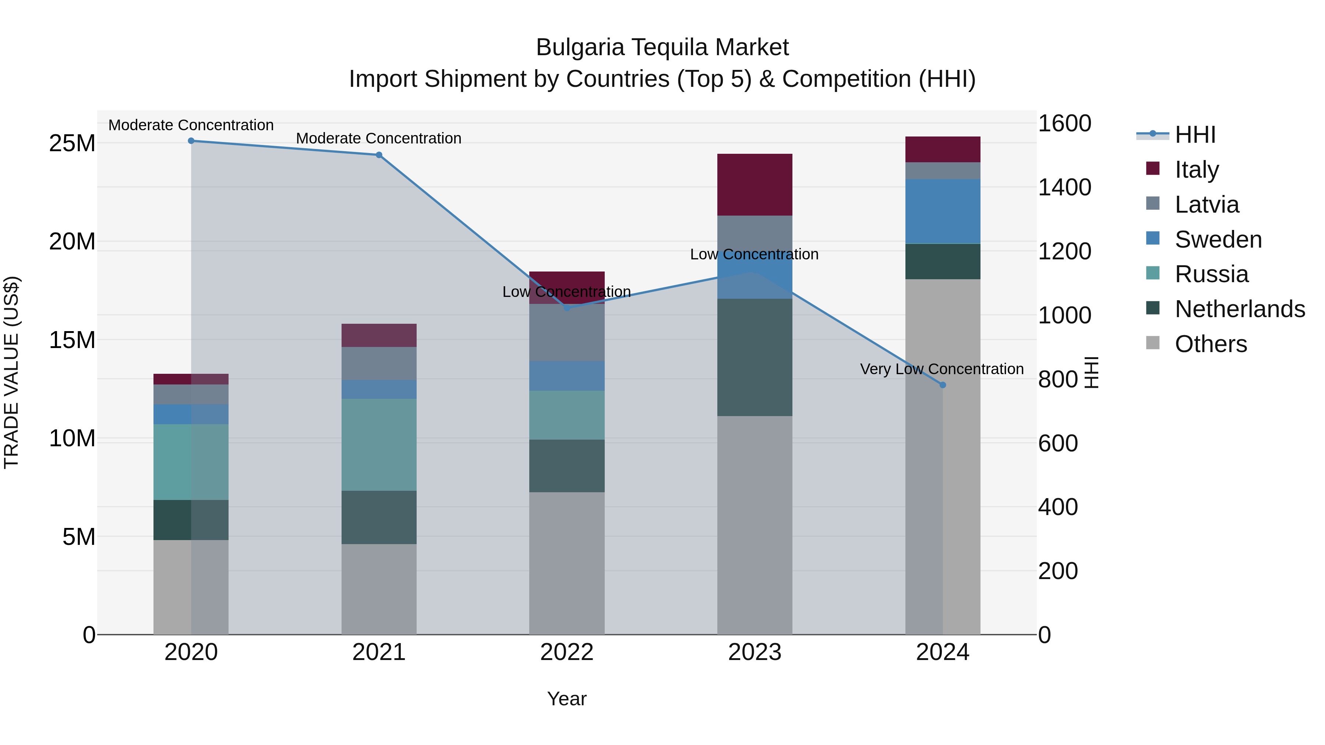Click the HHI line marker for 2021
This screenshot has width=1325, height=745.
379,155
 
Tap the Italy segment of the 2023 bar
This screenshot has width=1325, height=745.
755,185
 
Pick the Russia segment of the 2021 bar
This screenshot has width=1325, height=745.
379,445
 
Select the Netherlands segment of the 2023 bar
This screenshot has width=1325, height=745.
755,357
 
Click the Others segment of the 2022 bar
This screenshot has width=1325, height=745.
567,563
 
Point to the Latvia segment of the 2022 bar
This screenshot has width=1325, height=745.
567,333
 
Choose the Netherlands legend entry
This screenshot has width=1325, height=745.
1240,309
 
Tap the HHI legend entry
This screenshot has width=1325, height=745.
1195,135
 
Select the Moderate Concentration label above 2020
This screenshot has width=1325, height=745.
191,125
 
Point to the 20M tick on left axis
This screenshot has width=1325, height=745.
72,241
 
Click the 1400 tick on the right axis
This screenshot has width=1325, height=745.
1064,187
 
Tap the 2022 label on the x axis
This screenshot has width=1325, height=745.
567,652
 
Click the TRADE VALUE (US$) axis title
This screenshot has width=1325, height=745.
11,372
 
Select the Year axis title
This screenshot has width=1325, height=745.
567,699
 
